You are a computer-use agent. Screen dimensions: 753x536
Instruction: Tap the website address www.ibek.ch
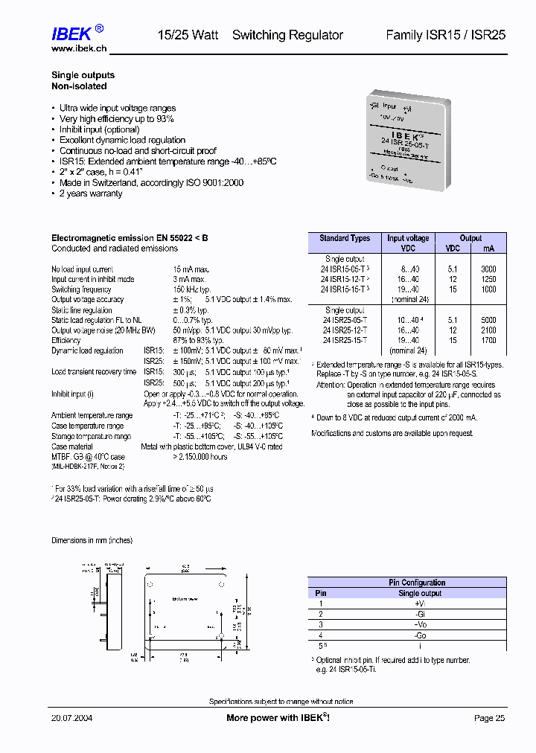[78, 48]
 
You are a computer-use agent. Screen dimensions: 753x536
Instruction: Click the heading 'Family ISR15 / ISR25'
[445, 35]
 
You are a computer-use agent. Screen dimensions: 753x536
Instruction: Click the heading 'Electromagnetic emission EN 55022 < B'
[130, 238]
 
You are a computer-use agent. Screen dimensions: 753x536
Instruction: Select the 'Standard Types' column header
[345, 238]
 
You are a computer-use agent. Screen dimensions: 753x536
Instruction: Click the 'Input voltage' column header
[408, 238]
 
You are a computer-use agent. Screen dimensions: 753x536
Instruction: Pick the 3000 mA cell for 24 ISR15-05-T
[488, 269]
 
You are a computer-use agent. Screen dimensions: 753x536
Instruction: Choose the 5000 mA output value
[488, 319]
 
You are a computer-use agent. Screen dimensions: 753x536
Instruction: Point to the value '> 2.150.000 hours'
[200, 457]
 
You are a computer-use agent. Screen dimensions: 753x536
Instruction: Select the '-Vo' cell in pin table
[420, 625]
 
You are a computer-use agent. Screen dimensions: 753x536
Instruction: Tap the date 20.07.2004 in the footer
[71, 718]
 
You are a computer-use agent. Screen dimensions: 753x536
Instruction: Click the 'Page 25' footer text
[489, 718]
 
